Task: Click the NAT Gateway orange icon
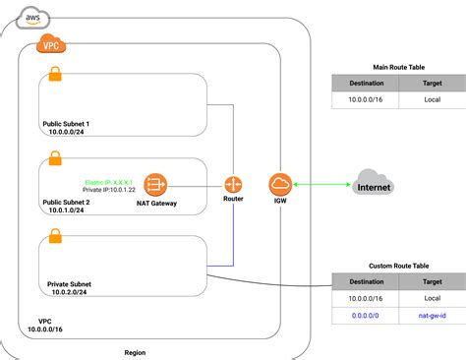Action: [x=154, y=184]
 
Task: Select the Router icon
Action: [x=233, y=184]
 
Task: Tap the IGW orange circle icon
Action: [x=279, y=184]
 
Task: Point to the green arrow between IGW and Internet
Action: [x=323, y=184]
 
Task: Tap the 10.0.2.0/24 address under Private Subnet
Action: [x=69, y=292]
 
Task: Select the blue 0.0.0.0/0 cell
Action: [x=365, y=316]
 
